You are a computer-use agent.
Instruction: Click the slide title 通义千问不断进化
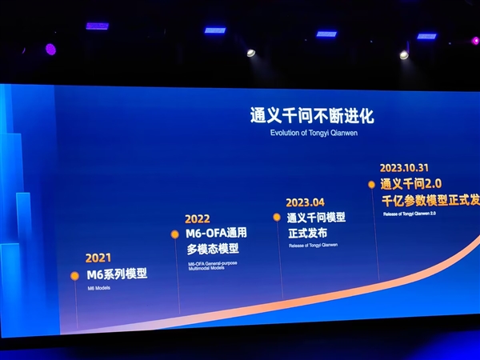[x=311, y=115]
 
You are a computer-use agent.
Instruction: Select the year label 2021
[x=98, y=259]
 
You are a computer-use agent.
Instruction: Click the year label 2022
[x=198, y=218]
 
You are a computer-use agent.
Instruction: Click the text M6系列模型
[x=118, y=274]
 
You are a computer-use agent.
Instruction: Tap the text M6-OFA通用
[x=217, y=233]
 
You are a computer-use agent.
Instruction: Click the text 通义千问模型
[x=316, y=218]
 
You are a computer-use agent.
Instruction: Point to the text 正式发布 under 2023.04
[x=306, y=233]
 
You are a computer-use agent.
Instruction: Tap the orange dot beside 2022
[x=174, y=234]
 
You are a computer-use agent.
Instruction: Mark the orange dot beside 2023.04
[x=277, y=217]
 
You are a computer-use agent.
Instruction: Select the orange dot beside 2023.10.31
[x=371, y=184]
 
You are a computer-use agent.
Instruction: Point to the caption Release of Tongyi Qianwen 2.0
[x=410, y=214]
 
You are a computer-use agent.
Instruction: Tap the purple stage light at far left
[x=50, y=49]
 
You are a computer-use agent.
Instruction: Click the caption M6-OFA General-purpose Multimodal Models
[x=212, y=266]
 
